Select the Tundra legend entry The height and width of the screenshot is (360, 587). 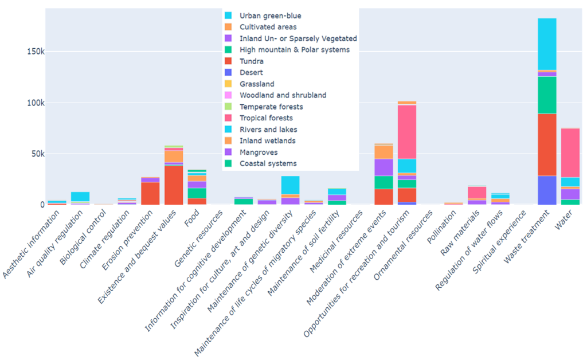coord(252,61)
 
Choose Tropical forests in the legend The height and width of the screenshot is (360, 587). coord(266,118)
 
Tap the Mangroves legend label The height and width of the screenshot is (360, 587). coord(258,152)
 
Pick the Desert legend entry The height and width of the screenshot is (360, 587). coord(251,73)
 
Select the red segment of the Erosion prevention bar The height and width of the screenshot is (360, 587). coord(150,193)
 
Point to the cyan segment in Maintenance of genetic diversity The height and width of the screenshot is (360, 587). coord(290,185)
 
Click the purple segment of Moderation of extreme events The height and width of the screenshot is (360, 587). coord(383,167)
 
